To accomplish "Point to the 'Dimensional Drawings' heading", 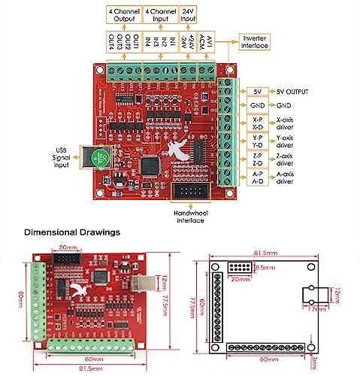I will (71, 232).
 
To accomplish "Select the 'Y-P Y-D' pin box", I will (257, 141).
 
